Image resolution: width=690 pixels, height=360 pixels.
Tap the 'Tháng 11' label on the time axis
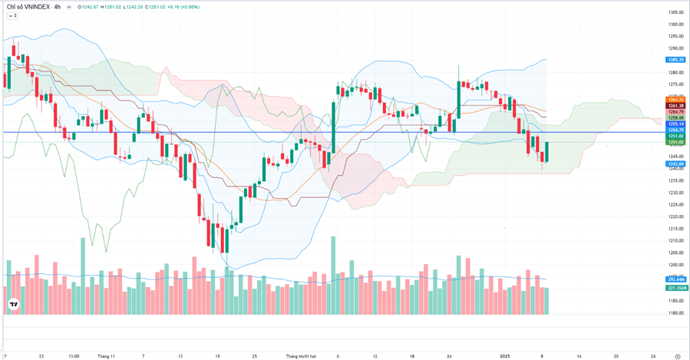[x=106, y=356]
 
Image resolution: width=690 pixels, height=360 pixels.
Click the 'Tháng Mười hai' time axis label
[x=302, y=356]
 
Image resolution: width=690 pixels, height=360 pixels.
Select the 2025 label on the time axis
[x=505, y=356]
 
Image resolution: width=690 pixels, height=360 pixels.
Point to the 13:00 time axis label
[x=74, y=356]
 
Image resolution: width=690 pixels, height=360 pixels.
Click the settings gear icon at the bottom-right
[x=676, y=356]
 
